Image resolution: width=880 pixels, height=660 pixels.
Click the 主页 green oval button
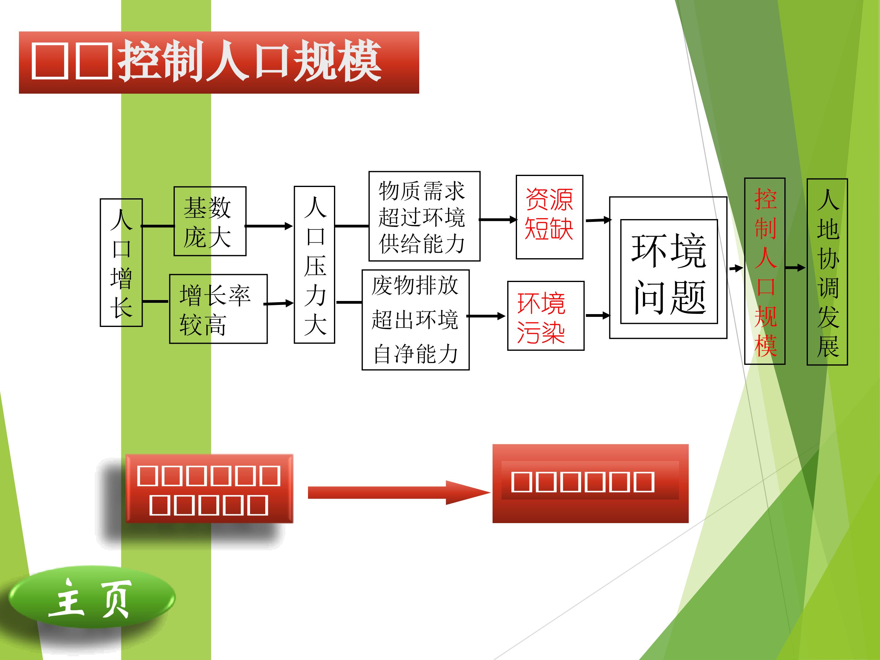pos(91,598)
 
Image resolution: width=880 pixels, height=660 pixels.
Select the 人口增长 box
pos(121,262)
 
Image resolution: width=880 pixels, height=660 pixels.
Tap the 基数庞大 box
pos(210,221)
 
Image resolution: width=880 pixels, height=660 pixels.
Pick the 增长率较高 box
pos(218,309)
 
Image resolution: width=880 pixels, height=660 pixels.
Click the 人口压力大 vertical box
pos(314,265)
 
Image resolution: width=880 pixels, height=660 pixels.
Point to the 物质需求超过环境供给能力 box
pos(424,216)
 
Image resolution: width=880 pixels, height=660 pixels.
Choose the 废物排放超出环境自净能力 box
pos(415,320)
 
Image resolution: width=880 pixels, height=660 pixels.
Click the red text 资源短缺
pos(549,215)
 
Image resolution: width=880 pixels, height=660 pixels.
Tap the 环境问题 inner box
pos(669,272)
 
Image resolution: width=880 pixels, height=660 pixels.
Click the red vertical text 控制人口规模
pos(765,271)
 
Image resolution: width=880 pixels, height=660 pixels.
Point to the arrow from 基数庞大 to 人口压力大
pos(269,226)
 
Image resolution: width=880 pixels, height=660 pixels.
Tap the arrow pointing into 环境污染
pos(486,316)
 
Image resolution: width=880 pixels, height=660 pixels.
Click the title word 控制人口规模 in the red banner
pos(250,62)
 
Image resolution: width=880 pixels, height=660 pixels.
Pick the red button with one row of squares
pos(590,483)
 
